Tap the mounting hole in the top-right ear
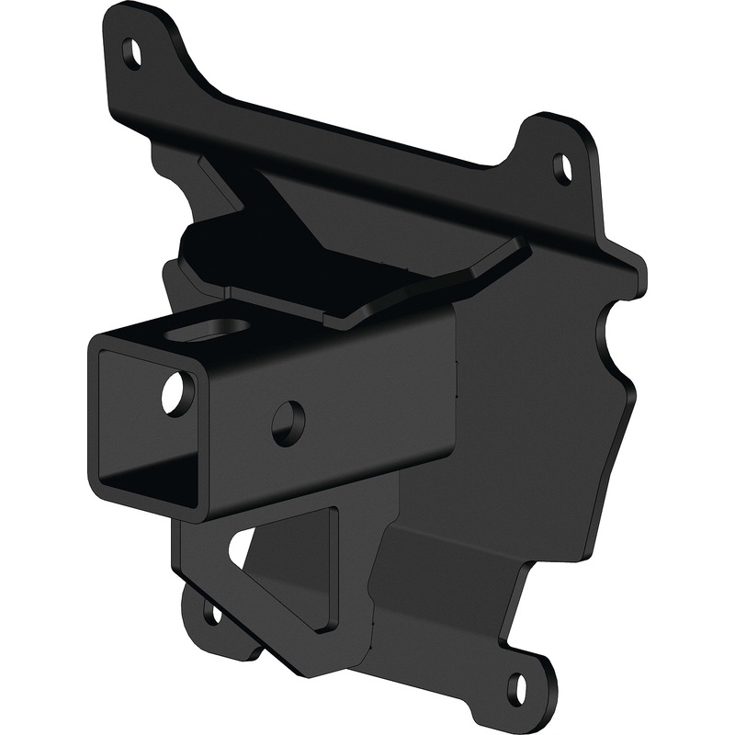point(560,167)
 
